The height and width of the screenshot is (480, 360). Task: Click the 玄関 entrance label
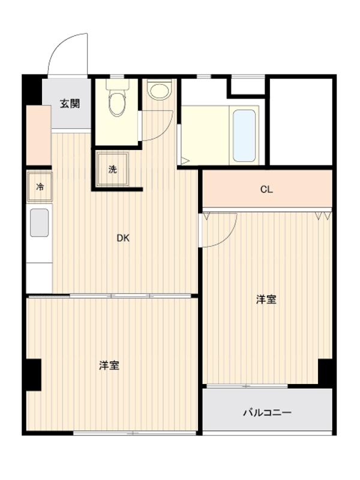point(70,103)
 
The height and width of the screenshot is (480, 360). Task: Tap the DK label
point(123,238)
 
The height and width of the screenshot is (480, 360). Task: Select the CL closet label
point(266,190)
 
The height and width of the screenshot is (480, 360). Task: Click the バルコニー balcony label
point(267,413)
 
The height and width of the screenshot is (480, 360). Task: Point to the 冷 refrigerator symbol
point(40,187)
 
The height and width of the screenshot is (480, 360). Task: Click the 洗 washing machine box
point(112,169)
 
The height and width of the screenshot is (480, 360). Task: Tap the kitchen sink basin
point(40,223)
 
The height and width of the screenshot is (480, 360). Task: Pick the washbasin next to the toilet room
point(160,91)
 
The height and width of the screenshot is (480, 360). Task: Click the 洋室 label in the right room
point(266,299)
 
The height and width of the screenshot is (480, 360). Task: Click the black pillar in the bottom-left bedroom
point(33,376)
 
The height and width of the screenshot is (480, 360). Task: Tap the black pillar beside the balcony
point(325,373)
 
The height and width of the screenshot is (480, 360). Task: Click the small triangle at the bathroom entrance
point(185,161)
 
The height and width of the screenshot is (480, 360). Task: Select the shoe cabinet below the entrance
point(38,135)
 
